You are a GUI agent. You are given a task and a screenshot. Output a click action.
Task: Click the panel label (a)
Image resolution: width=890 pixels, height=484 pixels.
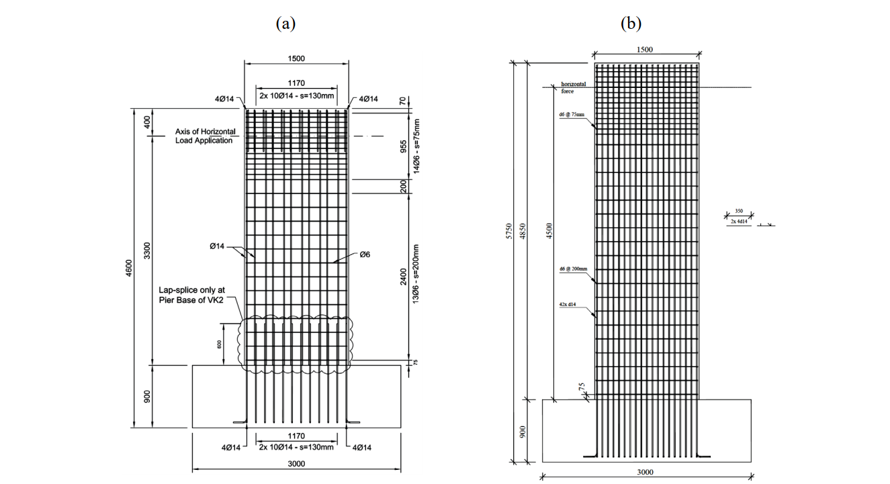point(285,24)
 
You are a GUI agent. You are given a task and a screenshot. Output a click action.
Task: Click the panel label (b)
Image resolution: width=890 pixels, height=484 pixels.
point(631,24)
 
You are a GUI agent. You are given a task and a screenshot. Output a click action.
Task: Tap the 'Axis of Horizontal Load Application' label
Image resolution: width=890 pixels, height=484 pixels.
point(204,136)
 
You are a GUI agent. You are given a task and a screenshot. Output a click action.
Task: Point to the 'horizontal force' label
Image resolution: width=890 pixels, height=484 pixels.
point(574,87)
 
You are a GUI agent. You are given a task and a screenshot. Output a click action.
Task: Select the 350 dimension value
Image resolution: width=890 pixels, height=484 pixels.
point(739,211)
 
